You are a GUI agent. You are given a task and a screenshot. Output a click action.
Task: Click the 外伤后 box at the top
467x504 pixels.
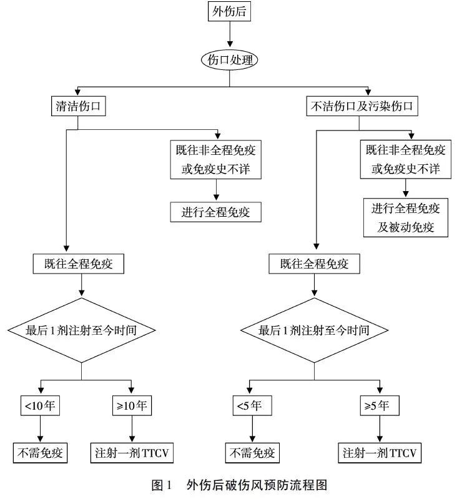[230, 11]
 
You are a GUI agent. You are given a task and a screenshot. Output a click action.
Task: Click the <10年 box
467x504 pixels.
[41, 405]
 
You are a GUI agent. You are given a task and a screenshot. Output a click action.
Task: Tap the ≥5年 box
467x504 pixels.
[380, 405]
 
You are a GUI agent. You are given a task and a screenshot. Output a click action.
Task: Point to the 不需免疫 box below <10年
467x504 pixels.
[41, 452]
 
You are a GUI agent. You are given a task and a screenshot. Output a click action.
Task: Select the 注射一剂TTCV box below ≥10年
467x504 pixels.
[132, 452]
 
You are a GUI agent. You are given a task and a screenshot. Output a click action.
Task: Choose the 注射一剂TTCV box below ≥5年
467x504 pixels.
[380, 452]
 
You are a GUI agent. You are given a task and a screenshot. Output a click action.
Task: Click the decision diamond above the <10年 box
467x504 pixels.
[81, 330]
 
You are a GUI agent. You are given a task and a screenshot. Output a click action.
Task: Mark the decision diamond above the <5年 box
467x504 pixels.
[314, 330]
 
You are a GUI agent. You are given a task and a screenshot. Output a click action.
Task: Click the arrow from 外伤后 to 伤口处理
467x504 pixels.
[230, 34]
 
